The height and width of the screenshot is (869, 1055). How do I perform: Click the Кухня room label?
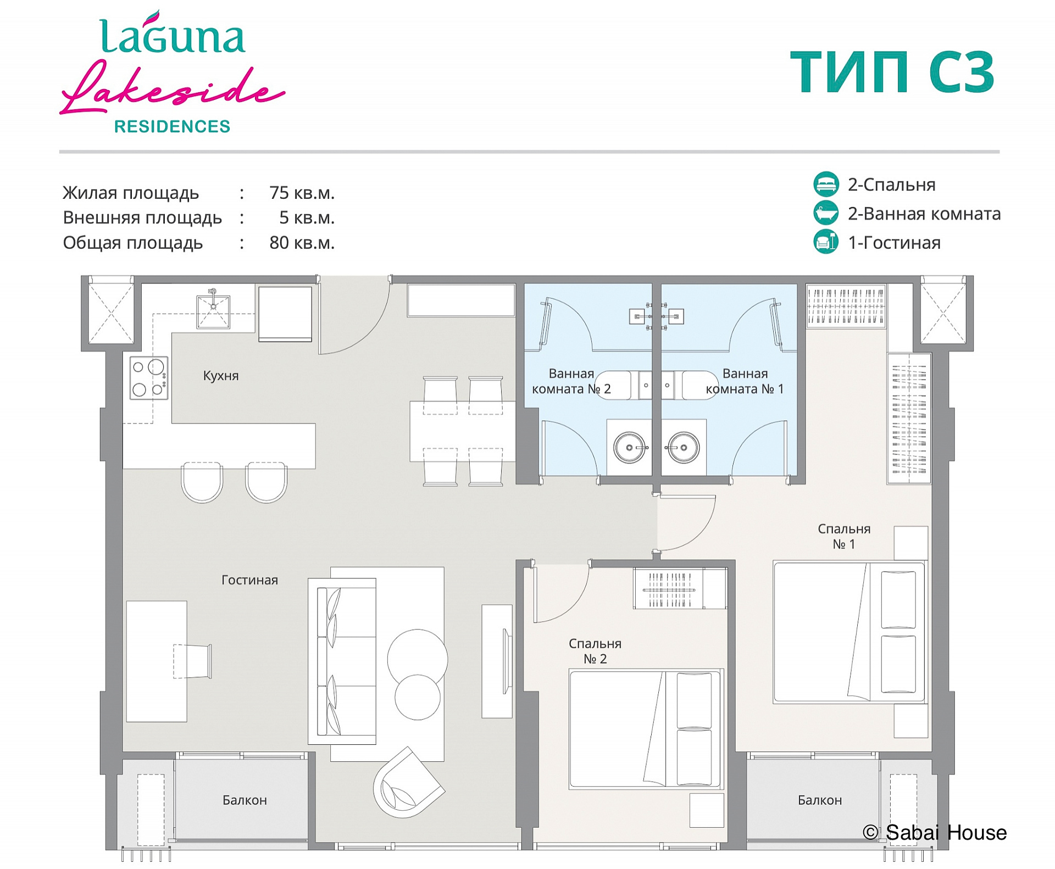221,376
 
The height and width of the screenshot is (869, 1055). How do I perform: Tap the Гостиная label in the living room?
249,580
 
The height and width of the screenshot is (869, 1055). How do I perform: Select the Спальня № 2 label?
595,651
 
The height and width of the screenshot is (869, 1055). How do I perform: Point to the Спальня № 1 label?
844,536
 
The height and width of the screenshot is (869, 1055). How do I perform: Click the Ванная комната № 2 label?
571,381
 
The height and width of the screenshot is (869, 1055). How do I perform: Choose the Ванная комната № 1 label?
745,381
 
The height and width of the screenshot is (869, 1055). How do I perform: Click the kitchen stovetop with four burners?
148,378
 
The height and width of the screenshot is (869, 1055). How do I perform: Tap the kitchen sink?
213,311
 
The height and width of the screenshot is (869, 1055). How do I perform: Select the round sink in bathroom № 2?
630,447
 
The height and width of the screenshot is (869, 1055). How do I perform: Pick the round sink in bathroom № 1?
683,447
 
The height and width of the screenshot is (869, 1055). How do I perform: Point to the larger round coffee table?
418,659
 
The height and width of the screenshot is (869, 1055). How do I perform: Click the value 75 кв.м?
302,193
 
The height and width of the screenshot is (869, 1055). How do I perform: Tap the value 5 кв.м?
307,218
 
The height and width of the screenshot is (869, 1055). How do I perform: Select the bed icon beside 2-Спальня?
826,184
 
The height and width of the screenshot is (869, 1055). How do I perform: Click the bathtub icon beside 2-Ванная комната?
826,213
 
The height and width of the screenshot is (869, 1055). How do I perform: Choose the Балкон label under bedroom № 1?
820,800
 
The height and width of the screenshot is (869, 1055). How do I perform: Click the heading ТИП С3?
892,72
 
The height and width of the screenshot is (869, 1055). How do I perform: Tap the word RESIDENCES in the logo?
172,127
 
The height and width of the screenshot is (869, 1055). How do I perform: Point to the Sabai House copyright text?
935,833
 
